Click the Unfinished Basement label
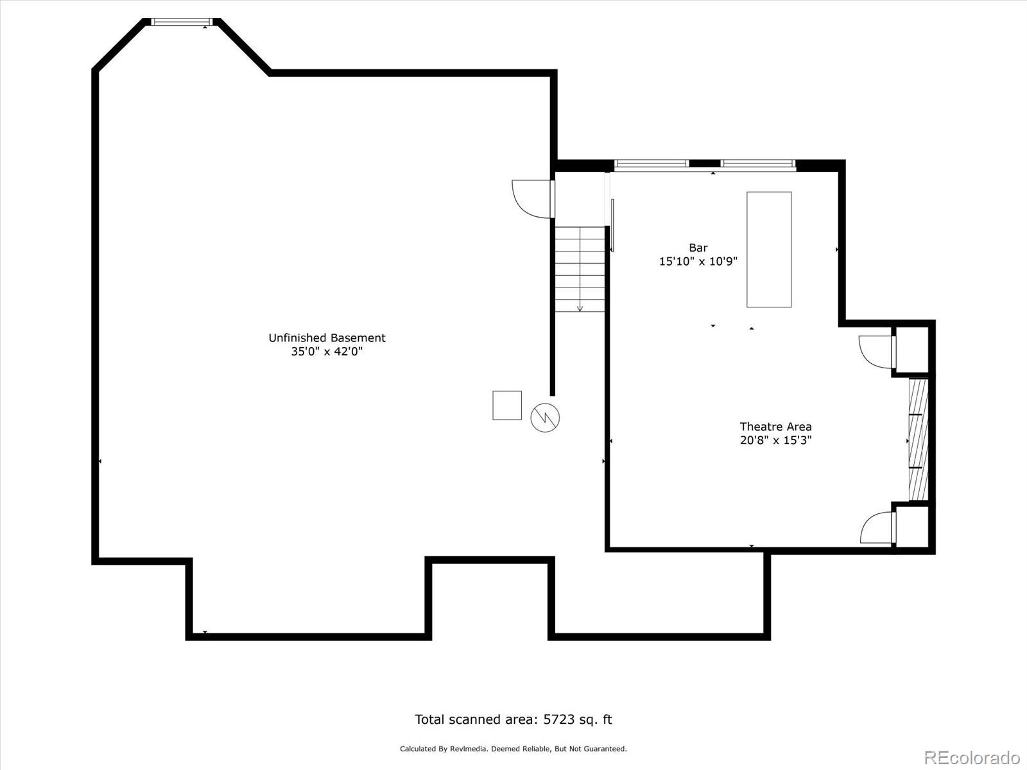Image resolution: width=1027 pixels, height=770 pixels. pyautogui.click(x=327, y=338)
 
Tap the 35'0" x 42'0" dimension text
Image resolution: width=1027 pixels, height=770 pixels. pyautogui.click(x=327, y=352)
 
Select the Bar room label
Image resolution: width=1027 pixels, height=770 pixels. pyautogui.click(x=698, y=248)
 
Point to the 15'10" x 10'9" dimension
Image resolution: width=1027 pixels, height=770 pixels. pyautogui.click(x=698, y=262)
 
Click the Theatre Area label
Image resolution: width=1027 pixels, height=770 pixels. pyautogui.click(x=775, y=427)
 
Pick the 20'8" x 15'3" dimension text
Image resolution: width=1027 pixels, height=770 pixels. pyautogui.click(x=775, y=441)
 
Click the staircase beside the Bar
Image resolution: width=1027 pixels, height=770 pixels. pyautogui.click(x=580, y=269)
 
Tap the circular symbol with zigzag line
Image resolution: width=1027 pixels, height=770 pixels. pyautogui.click(x=545, y=418)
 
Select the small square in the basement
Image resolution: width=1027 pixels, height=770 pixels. pyautogui.click(x=506, y=406)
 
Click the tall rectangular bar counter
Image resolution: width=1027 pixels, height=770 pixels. pyautogui.click(x=768, y=250)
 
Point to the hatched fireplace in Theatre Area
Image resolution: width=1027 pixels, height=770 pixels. pyautogui.click(x=919, y=440)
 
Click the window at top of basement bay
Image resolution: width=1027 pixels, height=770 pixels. pyautogui.click(x=181, y=22)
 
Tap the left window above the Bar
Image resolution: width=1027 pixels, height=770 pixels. pyautogui.click(x=651, y=164)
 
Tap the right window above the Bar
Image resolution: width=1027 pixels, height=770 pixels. pyautogui.click(x=758, y=164)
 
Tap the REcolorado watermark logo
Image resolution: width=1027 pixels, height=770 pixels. pyautogui.click(x=971, y=757)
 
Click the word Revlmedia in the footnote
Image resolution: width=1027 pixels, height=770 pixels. pyautogui.click(x=470, y=749)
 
